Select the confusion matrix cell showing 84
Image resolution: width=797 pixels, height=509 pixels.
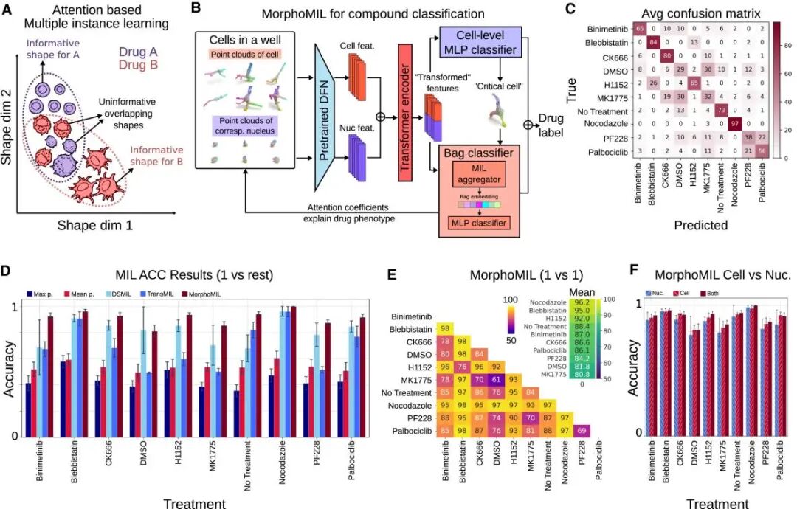[x=654, y=41]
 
